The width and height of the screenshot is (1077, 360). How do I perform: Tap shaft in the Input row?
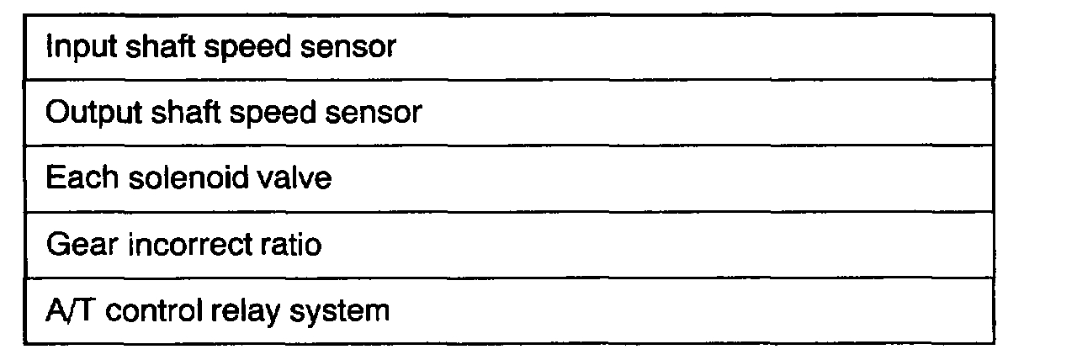(x=148, y=47)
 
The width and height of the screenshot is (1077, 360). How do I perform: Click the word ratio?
(x=288, y=246)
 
